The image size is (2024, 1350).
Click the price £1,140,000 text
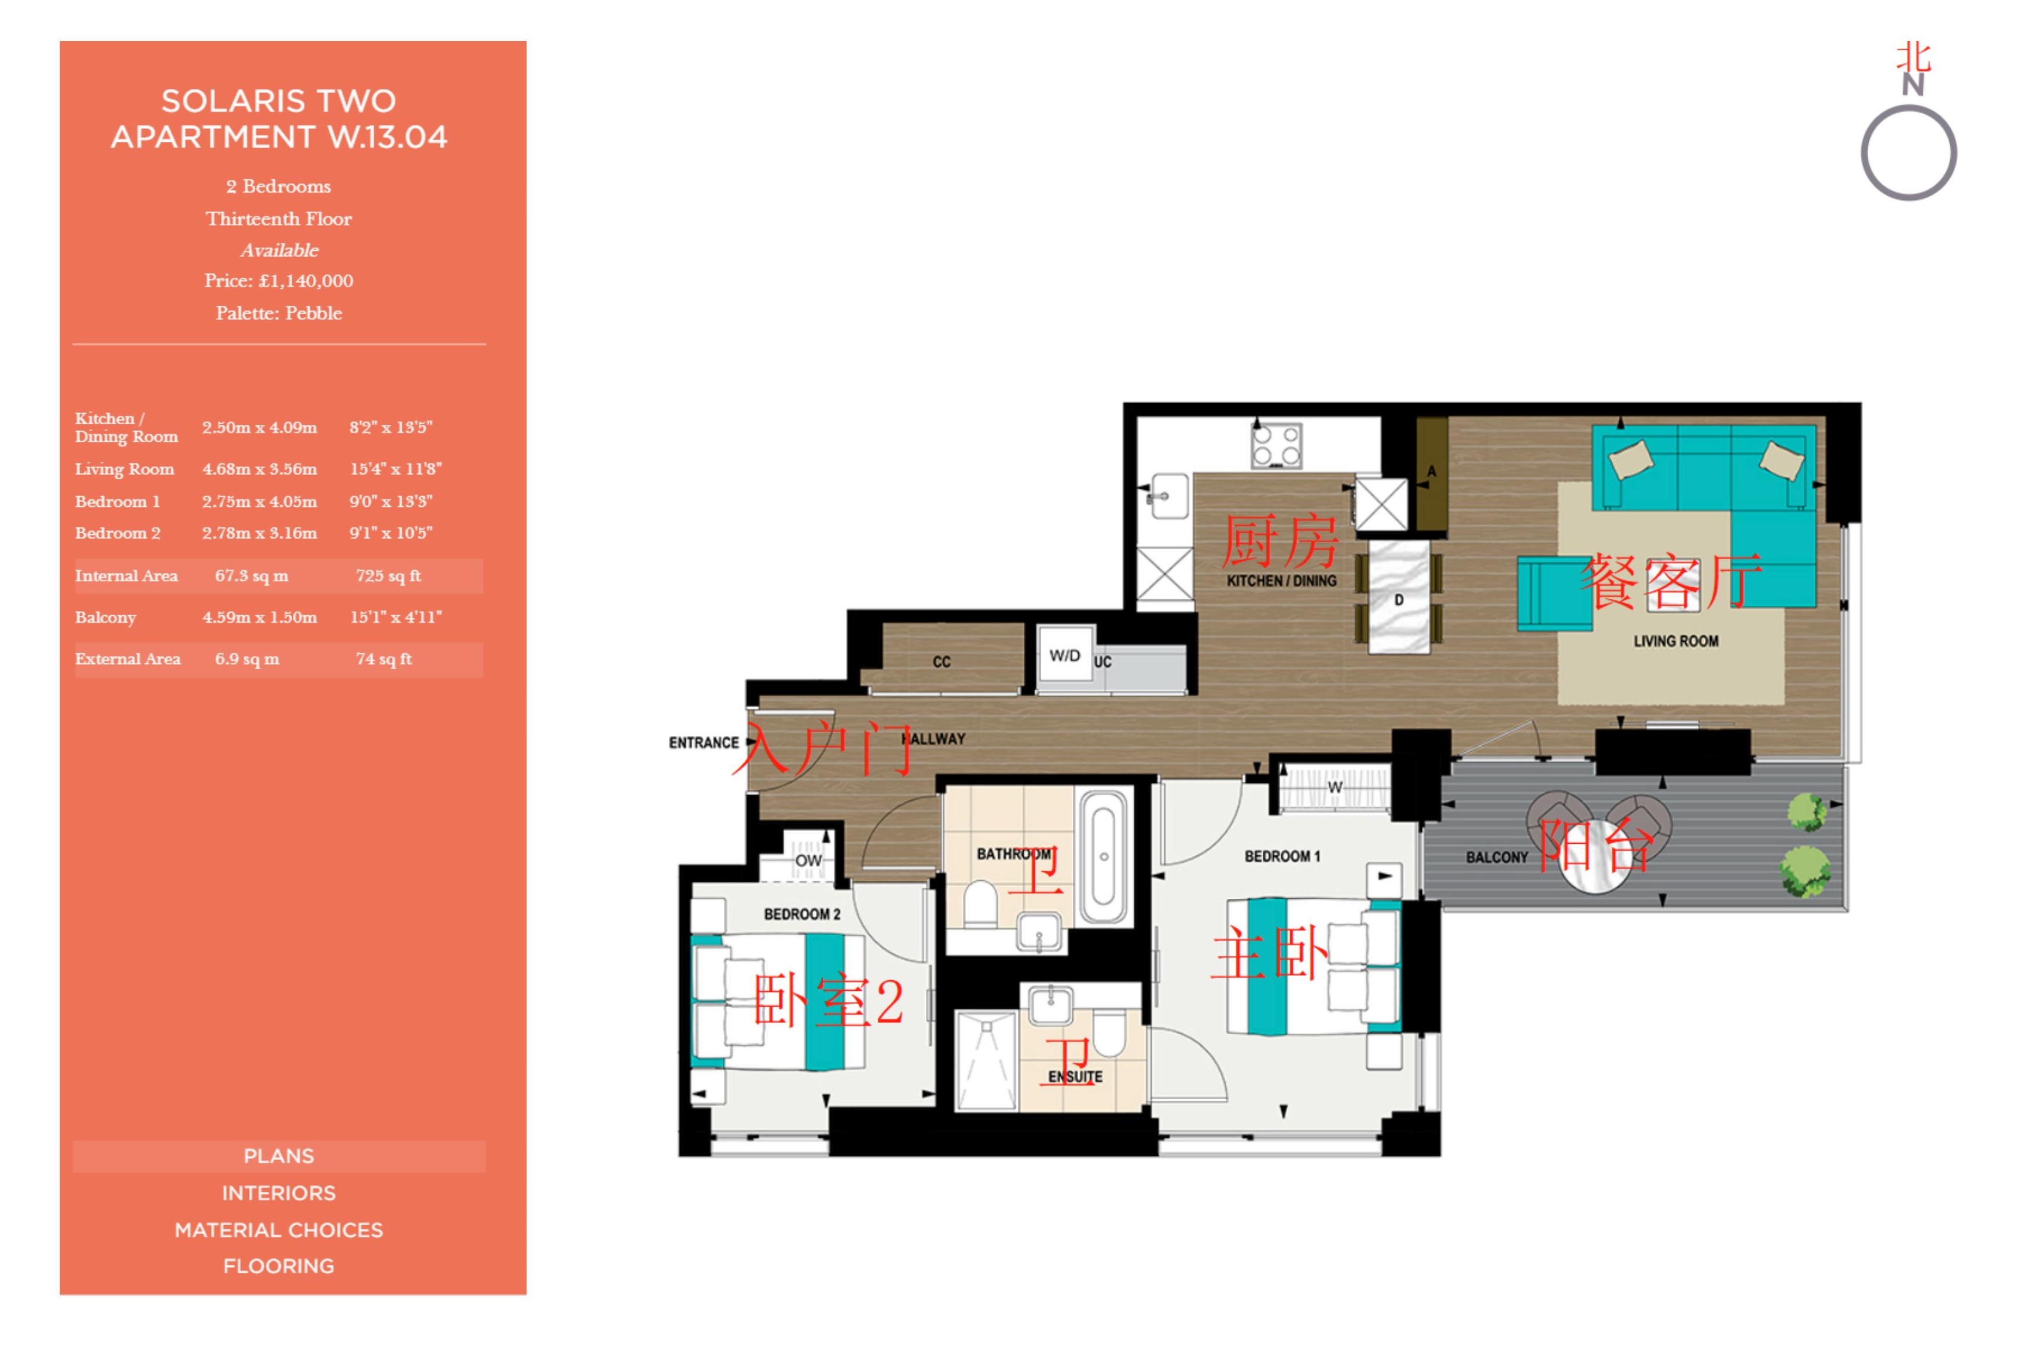point(278,281)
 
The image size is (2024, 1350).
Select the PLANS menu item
point(279,1156)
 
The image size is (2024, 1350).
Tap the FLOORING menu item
point(279,1266)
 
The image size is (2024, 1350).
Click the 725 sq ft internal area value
point(389,576)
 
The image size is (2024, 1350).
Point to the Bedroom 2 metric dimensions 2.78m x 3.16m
point(259,533)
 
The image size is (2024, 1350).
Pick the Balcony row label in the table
point(105,618)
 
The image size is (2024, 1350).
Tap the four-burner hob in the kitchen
point(1276,445)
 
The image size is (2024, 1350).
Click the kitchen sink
point(1168,497)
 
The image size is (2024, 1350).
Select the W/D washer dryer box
point(1065,656)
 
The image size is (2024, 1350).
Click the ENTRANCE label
point(704,743)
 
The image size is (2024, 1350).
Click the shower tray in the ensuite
point(986,1061)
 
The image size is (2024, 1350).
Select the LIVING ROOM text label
point(1676,642)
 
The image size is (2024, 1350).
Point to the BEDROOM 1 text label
point(1282,857)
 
